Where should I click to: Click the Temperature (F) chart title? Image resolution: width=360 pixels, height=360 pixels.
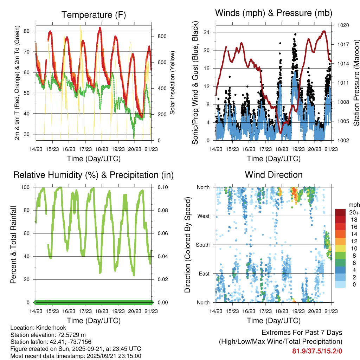(94, 15)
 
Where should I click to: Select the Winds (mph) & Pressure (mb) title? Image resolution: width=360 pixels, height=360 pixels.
(274, 13)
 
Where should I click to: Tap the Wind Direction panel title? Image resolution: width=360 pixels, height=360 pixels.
(274, 175)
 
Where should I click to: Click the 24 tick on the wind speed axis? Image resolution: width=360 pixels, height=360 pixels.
(206, 32)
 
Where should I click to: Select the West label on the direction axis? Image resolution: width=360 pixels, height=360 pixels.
(203, 216)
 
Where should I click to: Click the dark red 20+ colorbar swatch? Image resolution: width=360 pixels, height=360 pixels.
(341, 213)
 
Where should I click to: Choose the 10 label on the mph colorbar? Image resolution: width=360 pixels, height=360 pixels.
(353, 249)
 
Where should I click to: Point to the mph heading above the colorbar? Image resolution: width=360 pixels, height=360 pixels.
(353, 205)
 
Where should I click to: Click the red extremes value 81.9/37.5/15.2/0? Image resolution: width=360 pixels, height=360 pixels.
(317, 351)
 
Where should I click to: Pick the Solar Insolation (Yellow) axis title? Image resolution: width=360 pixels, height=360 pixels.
(173, 83)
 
